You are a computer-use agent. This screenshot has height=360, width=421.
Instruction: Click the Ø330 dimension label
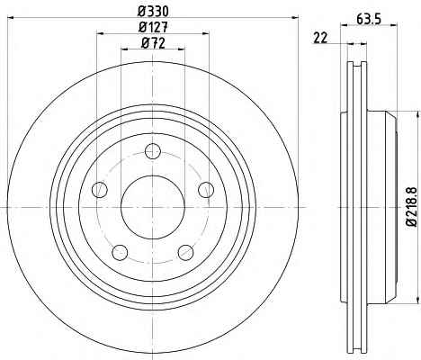coord(153,12)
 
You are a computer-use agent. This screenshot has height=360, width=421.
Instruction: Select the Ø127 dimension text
coord(153,28)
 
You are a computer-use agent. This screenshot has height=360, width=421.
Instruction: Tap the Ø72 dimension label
coord(153,43)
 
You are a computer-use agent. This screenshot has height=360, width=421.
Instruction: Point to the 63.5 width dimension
coord(369,20)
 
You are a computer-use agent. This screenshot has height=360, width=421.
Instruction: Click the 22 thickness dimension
coord(320,38)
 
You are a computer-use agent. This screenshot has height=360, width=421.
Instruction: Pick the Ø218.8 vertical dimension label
coord(412,206)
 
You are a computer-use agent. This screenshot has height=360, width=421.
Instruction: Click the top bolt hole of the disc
coord(153,151)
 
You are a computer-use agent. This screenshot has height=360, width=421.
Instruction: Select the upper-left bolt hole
coord(100,190)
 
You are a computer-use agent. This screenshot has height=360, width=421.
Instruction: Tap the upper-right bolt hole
coord(206,190)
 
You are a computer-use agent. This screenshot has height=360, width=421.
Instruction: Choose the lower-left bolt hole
coord(120,252)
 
